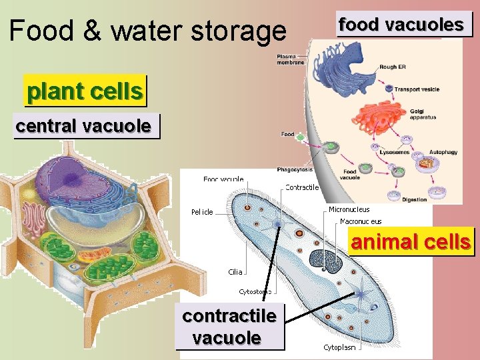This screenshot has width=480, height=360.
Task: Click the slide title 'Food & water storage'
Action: click(x=147, y=31)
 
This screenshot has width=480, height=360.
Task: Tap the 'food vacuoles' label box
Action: click(x=401, y=25)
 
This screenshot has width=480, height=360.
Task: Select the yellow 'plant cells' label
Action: click(x=85, y=91)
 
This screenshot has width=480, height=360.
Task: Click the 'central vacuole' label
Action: click(x=83, y=125)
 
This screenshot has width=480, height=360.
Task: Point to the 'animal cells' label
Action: click(x=411, y=241)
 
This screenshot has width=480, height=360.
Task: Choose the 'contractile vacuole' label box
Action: click(x=229, y=327)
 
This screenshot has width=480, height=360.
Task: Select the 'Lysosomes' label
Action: click(x=394, y=152)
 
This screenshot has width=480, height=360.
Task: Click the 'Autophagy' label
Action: click(x=443, y=152)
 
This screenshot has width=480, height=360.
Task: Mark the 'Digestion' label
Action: click(x=414, y=199)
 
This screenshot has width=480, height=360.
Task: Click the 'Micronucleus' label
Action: click(x=349, y=209)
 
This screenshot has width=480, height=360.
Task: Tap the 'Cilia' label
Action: click(x=235, y=272)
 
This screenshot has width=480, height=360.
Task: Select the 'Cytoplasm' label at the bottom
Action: click(x=339, y=347)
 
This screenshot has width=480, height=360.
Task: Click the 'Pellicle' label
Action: click(x=202, y=212)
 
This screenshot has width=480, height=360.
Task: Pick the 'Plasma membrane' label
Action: click(x=290, y=59)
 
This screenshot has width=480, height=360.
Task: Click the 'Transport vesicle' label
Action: click(x=417, y=89)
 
